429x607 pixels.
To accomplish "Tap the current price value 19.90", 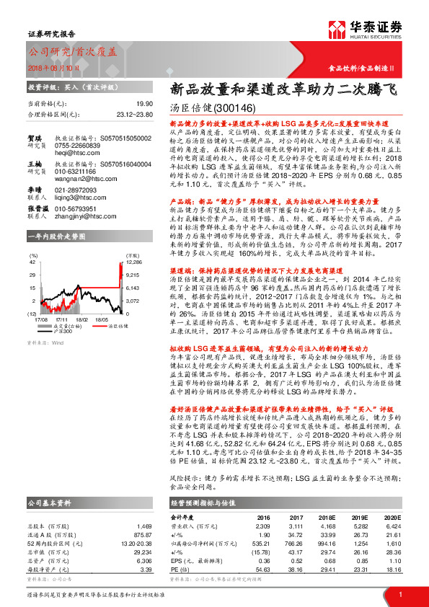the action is [143, 104].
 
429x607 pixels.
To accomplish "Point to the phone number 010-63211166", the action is [76, 172].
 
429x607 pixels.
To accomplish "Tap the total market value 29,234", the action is [142, 532].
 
